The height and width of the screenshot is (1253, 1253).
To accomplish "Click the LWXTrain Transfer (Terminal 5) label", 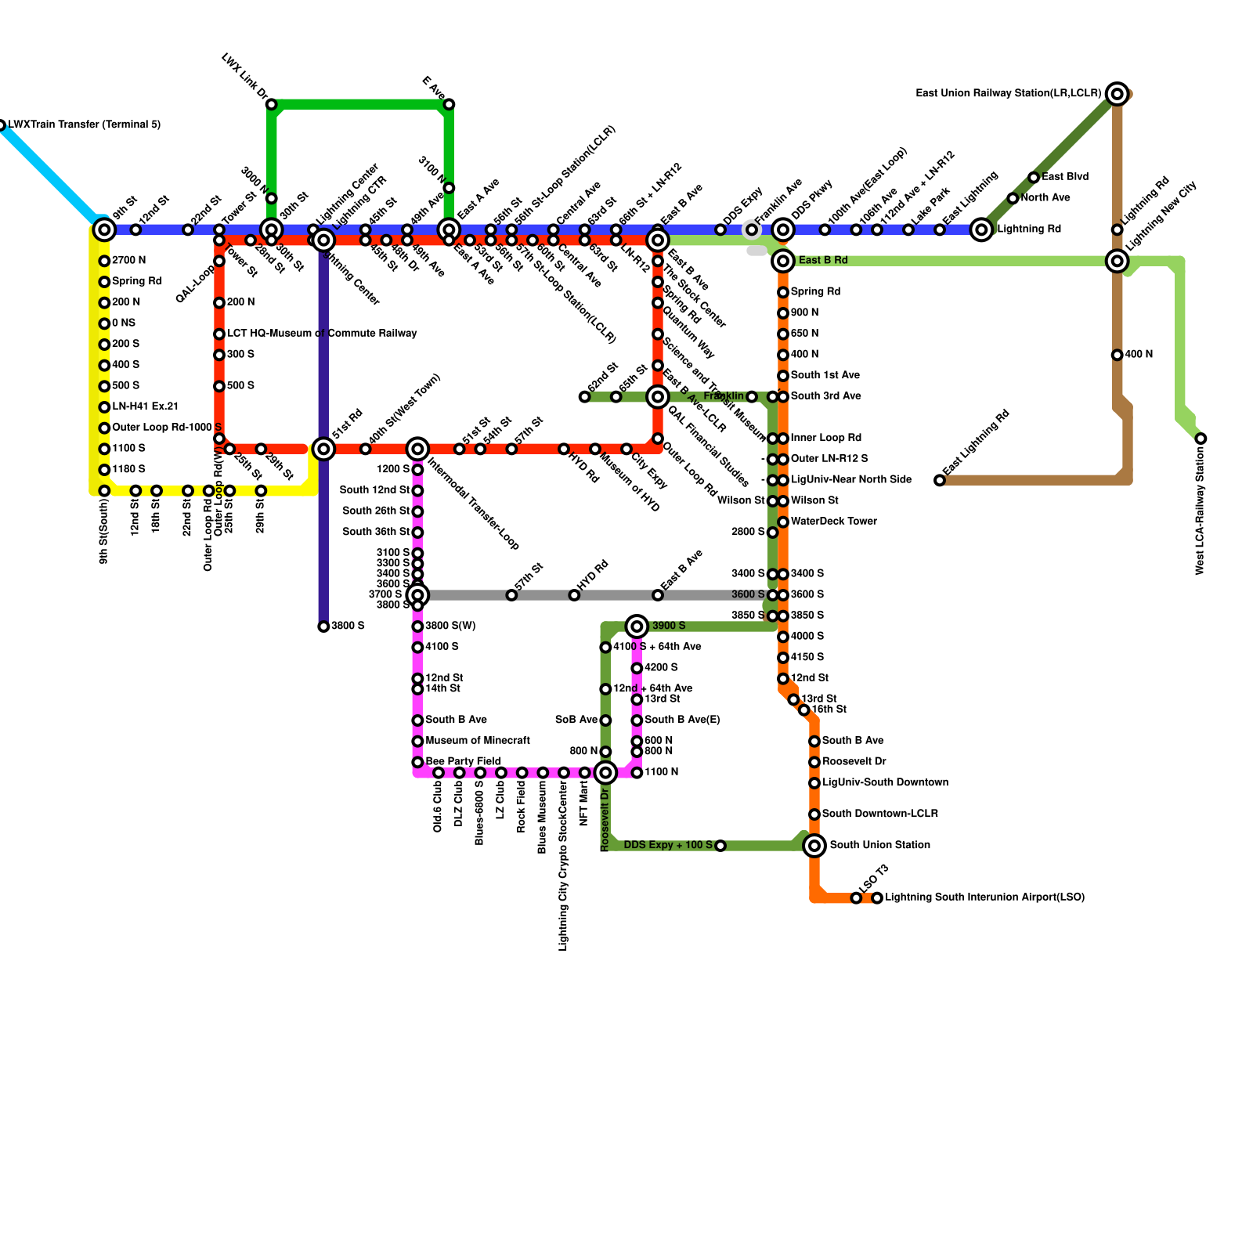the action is coord(85,125).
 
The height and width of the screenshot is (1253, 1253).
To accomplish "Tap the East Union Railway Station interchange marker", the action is coord(1118,94).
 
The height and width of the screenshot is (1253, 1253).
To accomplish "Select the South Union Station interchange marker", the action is coord(814,845).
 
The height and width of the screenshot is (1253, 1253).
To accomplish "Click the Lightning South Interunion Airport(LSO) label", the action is coord(984,897).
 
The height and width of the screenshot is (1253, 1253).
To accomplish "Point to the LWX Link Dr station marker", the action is coord(271,104).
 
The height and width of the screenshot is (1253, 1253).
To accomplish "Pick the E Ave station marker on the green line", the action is coord(449,104).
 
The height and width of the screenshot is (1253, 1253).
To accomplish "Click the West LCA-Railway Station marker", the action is coord(1201,439).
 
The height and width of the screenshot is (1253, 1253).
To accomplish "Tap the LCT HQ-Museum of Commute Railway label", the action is coord(322,334).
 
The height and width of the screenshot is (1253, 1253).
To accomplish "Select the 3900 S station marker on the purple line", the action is coord(323,626).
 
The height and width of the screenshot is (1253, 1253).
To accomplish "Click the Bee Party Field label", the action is coord(463,761).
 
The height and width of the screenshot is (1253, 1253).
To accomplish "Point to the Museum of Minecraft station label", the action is coord(478,740).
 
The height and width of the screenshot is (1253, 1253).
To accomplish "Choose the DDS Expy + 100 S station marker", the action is coord(720,846).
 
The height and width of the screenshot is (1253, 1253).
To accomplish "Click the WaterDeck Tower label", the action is coord(833,522).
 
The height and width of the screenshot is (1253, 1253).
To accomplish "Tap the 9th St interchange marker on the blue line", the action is coord(104,229).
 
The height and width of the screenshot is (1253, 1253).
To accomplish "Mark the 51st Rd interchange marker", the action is coord(323,449).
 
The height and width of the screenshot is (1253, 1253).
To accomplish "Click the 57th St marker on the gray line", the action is coord(511,595).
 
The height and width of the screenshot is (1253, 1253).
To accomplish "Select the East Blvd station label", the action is coord(1065,177).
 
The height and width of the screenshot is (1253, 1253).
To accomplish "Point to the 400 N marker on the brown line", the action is coord(1117,355).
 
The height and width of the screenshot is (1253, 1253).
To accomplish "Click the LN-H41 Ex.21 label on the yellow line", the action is coord(145,406).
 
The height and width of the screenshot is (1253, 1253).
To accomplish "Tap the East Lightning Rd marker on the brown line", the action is coord(940,480).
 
